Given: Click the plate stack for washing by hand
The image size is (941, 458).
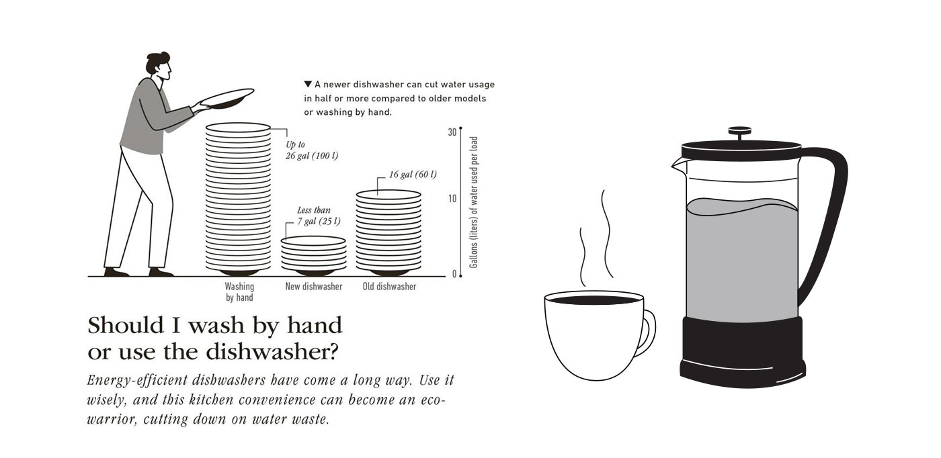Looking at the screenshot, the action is [238, 198].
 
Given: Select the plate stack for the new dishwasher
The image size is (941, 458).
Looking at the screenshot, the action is [314, 256].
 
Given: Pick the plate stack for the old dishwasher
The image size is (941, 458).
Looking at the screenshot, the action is [388, 232].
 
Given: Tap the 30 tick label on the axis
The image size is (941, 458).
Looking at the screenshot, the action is [452, 132].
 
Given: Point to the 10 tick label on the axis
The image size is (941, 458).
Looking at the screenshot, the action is [452, 199].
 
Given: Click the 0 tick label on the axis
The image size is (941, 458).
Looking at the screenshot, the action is [454, 274].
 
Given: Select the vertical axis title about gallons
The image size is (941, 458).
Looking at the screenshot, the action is [473, 202].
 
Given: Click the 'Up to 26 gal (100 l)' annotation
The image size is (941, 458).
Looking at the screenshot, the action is [312, 150].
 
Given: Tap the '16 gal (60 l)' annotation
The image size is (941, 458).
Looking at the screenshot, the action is [413, 174].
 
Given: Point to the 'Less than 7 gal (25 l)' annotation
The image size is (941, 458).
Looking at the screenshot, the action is [319, 216].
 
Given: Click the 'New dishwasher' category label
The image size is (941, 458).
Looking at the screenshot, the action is [314, 287].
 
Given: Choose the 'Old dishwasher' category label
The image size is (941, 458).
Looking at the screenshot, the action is [389, 287].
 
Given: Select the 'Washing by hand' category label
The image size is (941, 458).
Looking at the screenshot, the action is [239, 291].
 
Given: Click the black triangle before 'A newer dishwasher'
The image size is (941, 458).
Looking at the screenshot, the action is [308, 84].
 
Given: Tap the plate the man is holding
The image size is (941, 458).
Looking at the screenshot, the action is [227, 99].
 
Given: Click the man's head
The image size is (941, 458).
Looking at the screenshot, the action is [160, 66].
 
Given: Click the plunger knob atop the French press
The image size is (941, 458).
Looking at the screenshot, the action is [740, 131].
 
